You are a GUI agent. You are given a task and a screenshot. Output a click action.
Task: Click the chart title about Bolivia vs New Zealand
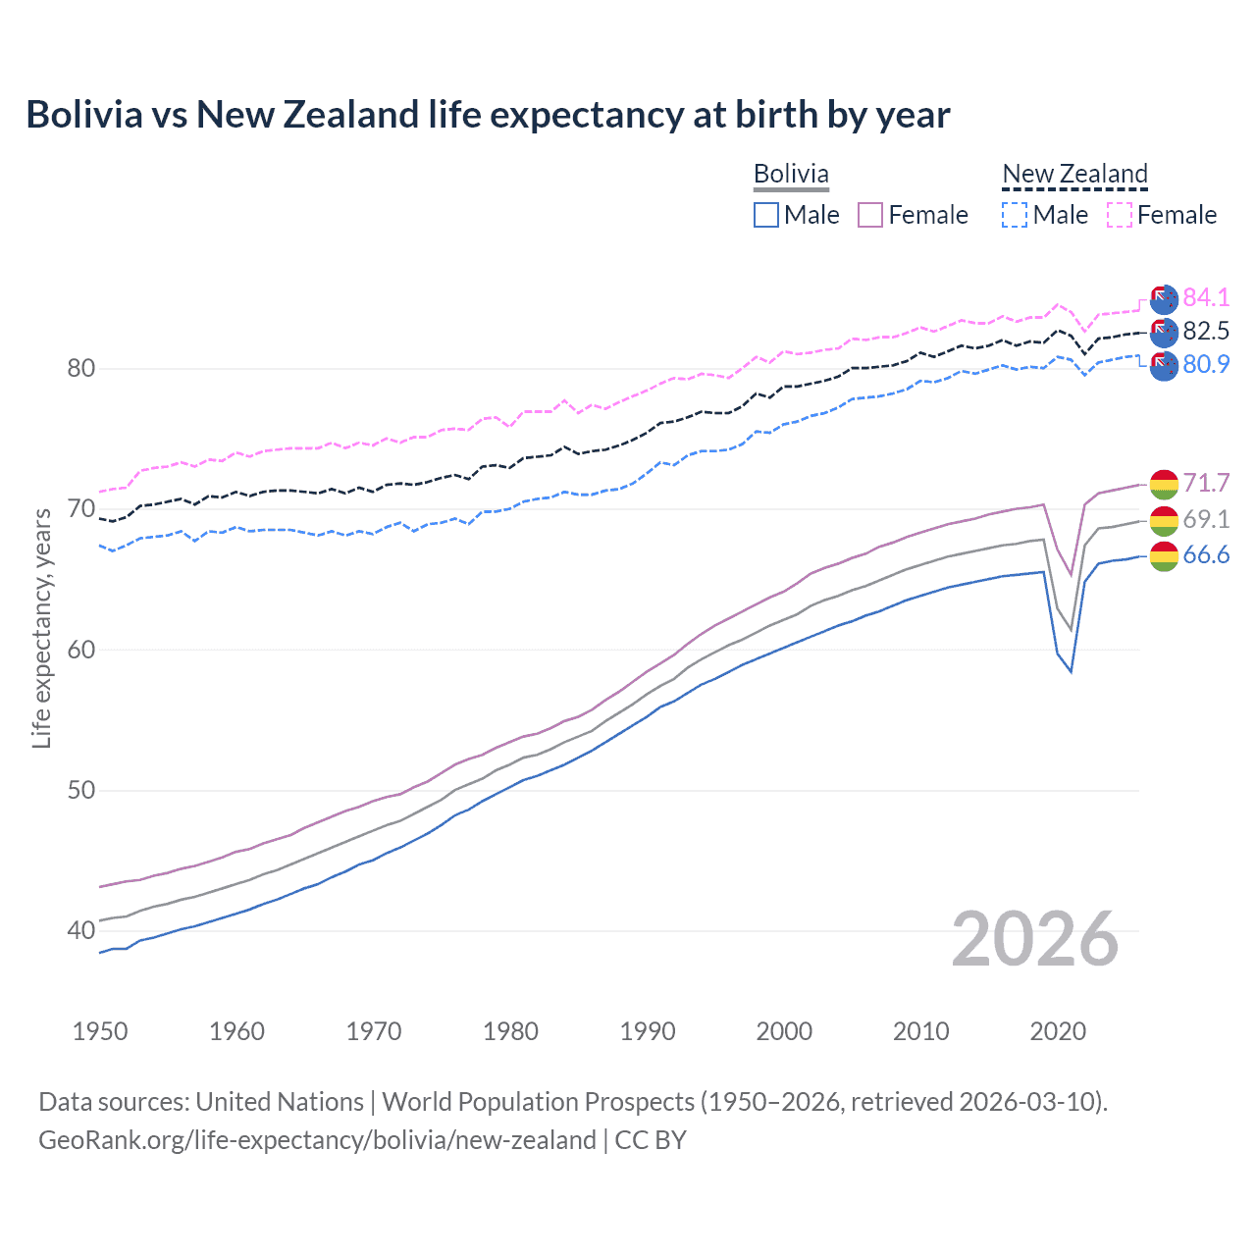488,115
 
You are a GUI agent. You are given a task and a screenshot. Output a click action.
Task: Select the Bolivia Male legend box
766,215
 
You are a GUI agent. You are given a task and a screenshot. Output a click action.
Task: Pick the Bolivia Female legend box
870,215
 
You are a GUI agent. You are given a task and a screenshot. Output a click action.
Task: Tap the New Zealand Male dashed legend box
1015,215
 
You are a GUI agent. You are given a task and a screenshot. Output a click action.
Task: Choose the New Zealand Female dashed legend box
1120,215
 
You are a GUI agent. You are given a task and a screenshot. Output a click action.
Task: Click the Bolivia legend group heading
791,174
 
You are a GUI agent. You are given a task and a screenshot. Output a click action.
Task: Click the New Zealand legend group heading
1074,174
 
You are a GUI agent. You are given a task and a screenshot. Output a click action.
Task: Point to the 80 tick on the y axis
80,369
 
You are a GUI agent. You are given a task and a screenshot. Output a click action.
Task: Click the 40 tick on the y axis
80,930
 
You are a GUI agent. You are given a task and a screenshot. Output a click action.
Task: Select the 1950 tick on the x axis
100,1031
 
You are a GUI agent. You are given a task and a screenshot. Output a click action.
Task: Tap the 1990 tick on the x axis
648,1031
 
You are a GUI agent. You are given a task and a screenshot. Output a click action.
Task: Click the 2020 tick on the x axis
1058,1031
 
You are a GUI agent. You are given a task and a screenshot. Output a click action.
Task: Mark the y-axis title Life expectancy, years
42,628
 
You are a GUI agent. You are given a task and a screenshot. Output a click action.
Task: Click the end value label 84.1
1206,297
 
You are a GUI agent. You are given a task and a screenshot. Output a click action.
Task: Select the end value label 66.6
1206,555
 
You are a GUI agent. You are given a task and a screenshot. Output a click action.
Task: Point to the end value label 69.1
1206,519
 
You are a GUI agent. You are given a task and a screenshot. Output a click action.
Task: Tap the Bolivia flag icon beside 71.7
1164,484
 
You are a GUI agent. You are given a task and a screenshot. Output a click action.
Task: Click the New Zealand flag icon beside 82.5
1164,332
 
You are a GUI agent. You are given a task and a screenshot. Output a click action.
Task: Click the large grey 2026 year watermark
1035,939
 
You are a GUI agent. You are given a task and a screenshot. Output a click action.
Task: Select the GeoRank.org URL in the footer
317,1140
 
